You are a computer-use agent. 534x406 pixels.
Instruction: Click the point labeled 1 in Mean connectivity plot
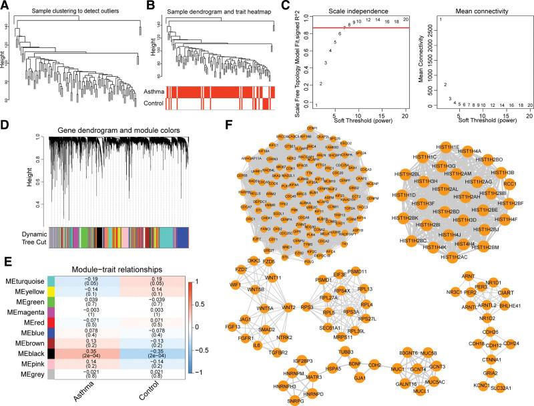tap(440, 19)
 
